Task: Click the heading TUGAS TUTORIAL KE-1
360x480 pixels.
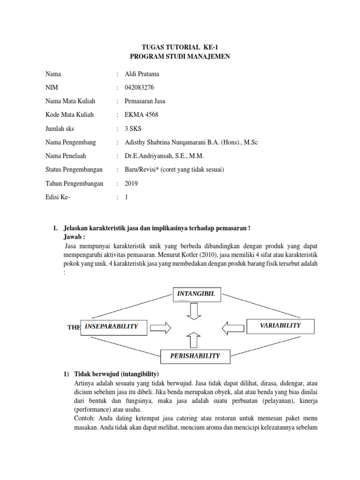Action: pos(180,47)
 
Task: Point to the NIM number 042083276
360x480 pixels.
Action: pos(140,88)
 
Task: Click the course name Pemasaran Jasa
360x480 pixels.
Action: pos(145,101)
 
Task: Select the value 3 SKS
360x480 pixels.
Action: pos(134,129)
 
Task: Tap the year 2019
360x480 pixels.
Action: pos(132,184)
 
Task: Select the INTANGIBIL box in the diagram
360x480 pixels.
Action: pos(195,294)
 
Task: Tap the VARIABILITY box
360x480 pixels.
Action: pos(280,325)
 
